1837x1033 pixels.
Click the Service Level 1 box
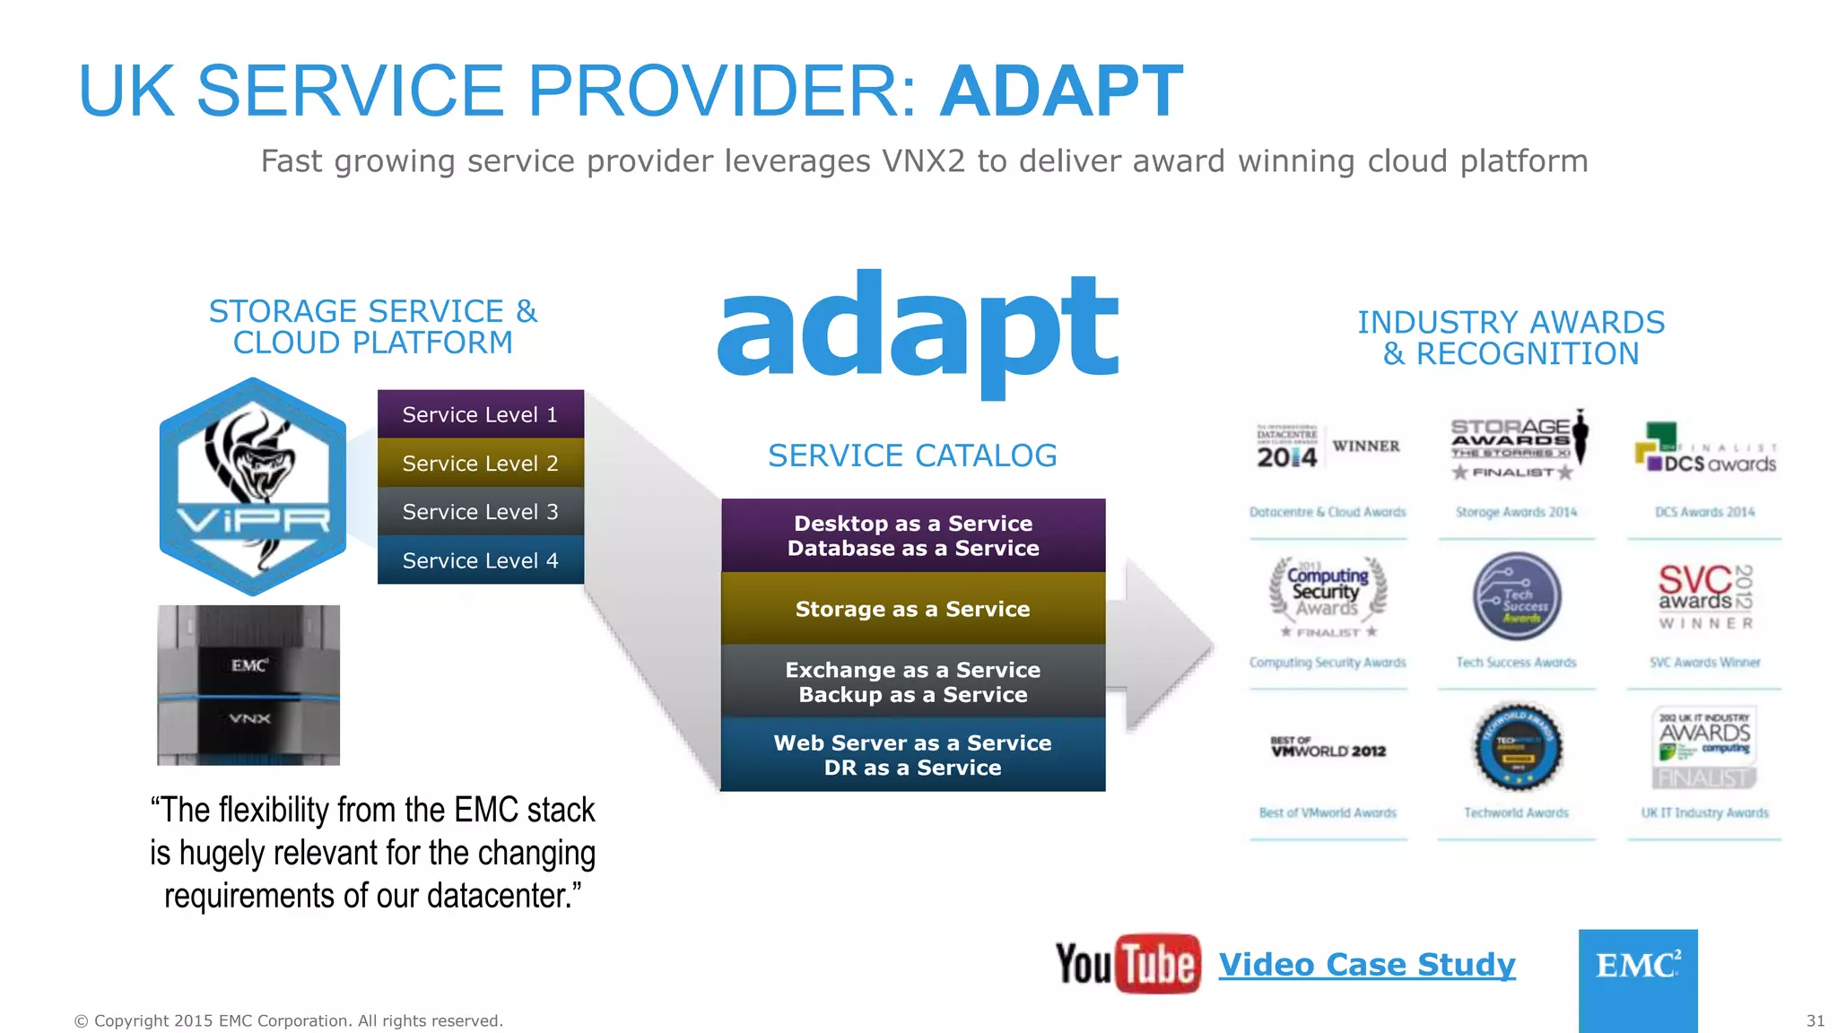(x=480, y=414)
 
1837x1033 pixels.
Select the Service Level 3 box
(x=480, y=511)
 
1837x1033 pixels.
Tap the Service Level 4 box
(x=480, y=560)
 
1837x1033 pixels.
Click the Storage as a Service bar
(x=913, y=609)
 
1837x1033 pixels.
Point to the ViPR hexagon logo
(x=253, y=487)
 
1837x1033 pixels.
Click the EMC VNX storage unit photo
(x=248, y=685)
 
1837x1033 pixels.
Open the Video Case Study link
(x=1367, y=965)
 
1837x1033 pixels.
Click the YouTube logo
(x=1127, y=964)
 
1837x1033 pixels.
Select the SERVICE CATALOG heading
(x=912, y=456)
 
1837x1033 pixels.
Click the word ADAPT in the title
(x=1061, y=91)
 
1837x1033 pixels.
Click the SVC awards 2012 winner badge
(x=1705, y=596)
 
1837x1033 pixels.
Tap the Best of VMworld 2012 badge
(x=1328, y=748)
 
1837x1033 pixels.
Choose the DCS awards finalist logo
(x=1704, y=449)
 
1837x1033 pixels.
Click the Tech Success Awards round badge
(x=1517, y=596)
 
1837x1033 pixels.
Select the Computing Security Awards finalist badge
(x=1328, y=596)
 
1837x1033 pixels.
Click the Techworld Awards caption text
(x=1516, y=812)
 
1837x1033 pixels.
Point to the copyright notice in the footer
(x=288, y=1020)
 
